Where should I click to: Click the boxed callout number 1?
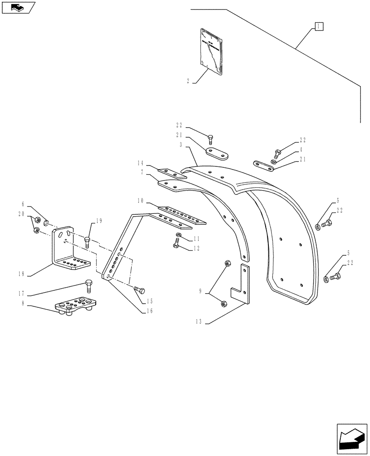pyautogui.click(x=318, y=26)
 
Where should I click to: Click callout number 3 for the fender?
pyautogui.click(x=181, y=145)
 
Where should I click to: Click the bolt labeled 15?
pyautogui.click(x=139, y=290)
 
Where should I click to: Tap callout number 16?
pyautogui.click(x=149, y=311)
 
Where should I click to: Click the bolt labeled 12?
pyautogui.click(x=177, y=245)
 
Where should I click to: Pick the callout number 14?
pyautogui.click(x=140, y=163)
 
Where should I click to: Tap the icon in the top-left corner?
pyautogui.click(x=18, y=7)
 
